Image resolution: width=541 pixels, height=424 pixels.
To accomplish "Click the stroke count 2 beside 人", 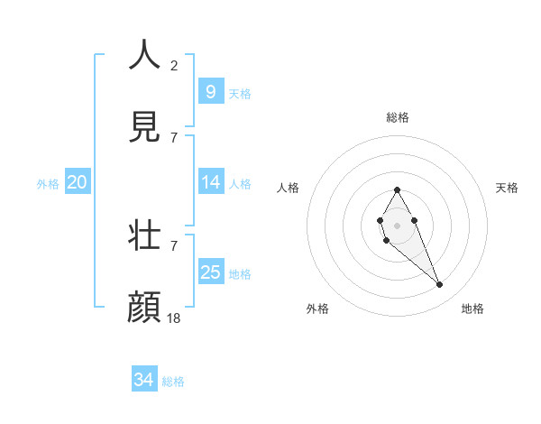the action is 174,65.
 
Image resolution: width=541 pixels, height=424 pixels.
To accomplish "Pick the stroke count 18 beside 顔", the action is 175,318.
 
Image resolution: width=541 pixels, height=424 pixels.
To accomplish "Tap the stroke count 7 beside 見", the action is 174,137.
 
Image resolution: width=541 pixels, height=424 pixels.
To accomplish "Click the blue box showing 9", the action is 210,91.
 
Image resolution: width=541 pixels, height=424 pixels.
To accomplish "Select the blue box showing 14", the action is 210,182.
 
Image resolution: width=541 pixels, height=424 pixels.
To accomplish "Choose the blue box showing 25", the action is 210,272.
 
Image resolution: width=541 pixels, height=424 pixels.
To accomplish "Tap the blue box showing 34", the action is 143,380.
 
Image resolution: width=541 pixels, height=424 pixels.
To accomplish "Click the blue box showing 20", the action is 77,182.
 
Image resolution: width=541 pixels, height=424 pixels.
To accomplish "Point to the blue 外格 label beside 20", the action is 48,184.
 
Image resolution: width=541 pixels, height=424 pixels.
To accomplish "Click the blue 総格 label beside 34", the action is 173,382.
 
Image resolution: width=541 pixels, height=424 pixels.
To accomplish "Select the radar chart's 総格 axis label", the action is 398,117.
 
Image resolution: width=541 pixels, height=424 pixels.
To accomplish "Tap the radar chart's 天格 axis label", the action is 508,188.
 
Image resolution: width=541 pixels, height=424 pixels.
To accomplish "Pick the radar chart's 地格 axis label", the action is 472,309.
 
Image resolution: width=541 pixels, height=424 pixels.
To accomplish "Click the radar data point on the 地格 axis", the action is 440,284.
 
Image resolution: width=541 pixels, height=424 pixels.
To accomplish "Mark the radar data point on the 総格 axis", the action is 398,189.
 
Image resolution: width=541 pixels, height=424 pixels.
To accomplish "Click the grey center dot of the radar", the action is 398,224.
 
